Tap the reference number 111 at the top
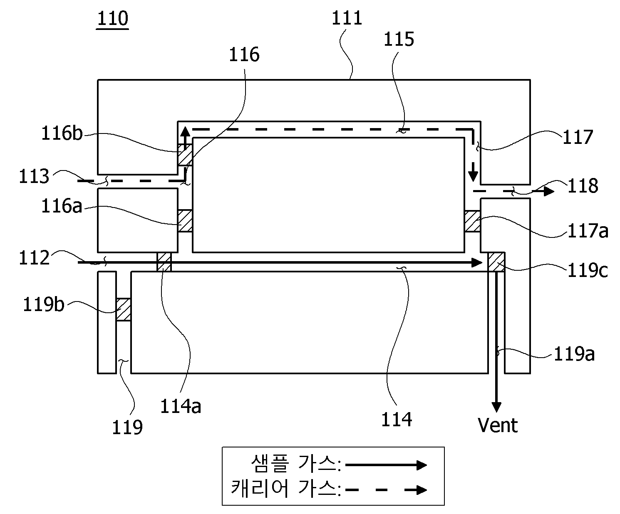(x=347, y=18)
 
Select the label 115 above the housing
(x=399, y=39)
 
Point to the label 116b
(x=62, y=133)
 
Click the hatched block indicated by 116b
(x=185, y=154)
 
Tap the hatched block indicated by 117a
(x=472, y=221)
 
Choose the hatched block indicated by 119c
(x=496, y=262)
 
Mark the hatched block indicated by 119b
(x=123, y=309)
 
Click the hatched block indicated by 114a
(x=164, y=262)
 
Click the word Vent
(x=498, y=425)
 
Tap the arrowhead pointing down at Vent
(x=496, y=407)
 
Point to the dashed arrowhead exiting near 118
(x=549, y=191)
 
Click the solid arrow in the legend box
(x=386, y=465)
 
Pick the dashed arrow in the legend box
(x=386, y=490)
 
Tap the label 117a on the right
(x=588, y=231)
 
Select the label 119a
(x=574, y=354)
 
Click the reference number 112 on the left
(x=34, y=257)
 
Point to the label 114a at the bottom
(x=181, y=406)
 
